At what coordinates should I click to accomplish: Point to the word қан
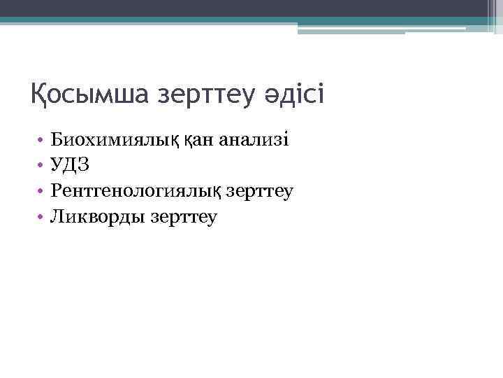pos(201,140)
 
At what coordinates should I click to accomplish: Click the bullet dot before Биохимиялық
pos(42,141)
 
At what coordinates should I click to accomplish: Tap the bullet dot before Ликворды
pos(42,218)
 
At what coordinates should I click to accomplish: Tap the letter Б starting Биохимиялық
pos(57,140)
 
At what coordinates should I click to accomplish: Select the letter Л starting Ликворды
pos(57,217)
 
